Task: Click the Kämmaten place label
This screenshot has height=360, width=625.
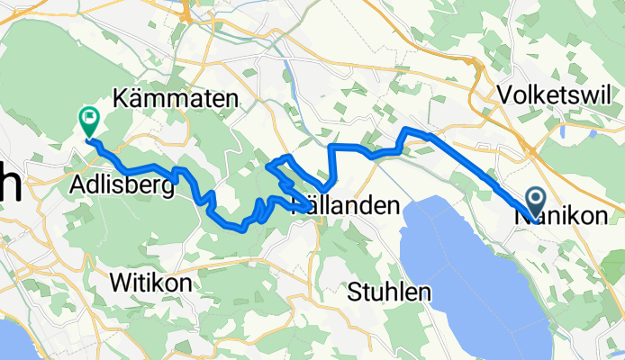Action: click(176, 99)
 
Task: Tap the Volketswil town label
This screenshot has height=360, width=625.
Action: click(555, 94)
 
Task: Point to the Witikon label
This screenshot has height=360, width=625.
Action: click(150, 283)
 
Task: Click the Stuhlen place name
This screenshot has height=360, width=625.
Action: click(390, 292)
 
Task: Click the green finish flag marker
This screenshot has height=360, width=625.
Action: click(90, 117)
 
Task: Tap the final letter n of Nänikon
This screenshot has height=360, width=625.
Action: click(615, 217)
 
